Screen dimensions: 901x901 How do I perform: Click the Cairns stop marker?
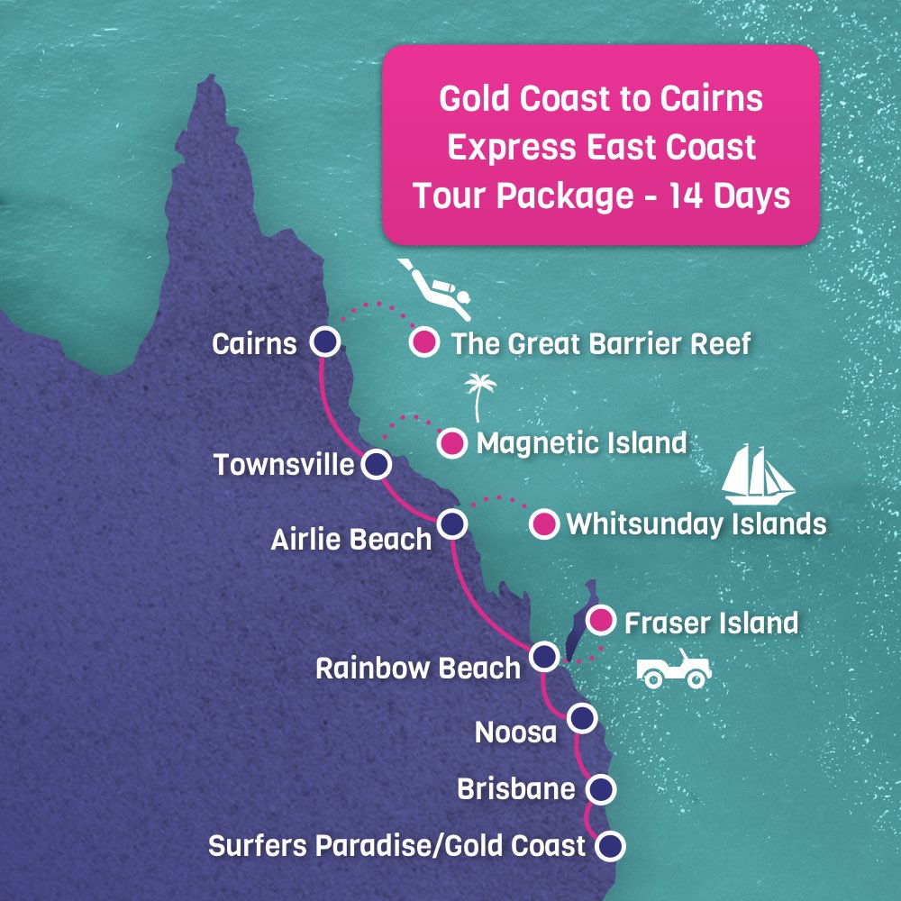pyautogui.click(x=325, y=342)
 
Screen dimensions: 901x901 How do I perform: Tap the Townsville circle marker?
pyautogui.click(x=377, y=465)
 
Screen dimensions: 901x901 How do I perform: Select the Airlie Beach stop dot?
pyautogui.click(x=452, y=523)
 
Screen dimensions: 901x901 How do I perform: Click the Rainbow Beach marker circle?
pyautogui.click(x=543, y=656)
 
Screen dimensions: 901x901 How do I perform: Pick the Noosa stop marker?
pyautogui.click(x=583, y=718)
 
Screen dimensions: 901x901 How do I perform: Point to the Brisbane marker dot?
pyautogui.click(x=601, y=789)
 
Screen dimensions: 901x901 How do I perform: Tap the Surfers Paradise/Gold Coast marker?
pyautogui.click(x=612, y=846)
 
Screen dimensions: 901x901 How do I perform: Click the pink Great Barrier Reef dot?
pyautogui.click(x=423, y=342)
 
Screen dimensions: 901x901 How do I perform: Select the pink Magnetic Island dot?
pyautogui.click(x=452, y=442)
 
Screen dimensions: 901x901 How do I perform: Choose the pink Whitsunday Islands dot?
pyautogui.click(x=543, y=523)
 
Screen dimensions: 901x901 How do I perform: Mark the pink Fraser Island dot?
pyautogui.click(x=601, y=621)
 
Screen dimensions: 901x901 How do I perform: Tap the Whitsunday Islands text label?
pyautogui.click(x=696, y=524)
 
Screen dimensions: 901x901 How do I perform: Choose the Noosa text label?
pyautogui.click(x=516, y=733)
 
